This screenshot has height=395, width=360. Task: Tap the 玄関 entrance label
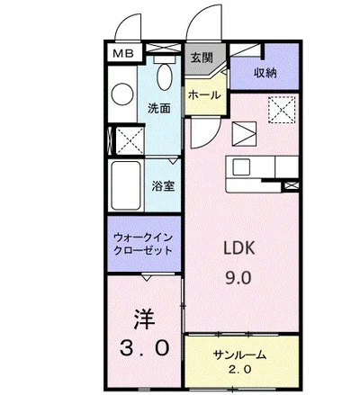(x=201, y=58)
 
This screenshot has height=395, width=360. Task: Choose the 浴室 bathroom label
(x=163, y=186)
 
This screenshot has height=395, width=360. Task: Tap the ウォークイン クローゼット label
(x=144, y=244)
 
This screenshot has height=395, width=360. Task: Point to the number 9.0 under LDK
(x=239, y=278)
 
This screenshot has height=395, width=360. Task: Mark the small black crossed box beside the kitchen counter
(x=291, y=186)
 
